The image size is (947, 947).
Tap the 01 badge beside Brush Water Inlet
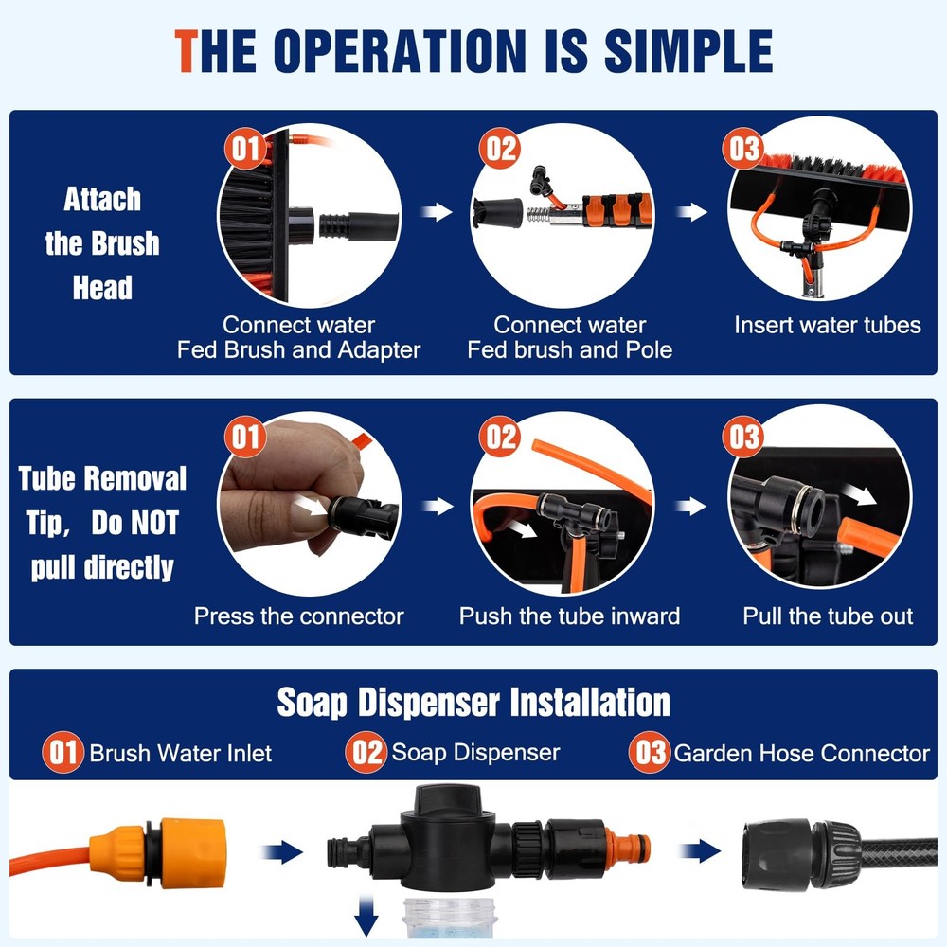[x=63, y=754]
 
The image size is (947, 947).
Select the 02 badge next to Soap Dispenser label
[x=366, y=753]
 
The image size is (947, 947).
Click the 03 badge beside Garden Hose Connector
[x=651, y=754]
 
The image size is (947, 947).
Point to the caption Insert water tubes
[x=827, y=325]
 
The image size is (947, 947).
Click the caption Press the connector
[x=298, y=616]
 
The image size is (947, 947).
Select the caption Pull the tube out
[x=827, y=616]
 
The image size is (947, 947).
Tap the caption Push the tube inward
[x=569, y=616]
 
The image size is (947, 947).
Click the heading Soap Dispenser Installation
[x=473, y=703]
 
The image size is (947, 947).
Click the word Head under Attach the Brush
[x=102, y=288]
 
